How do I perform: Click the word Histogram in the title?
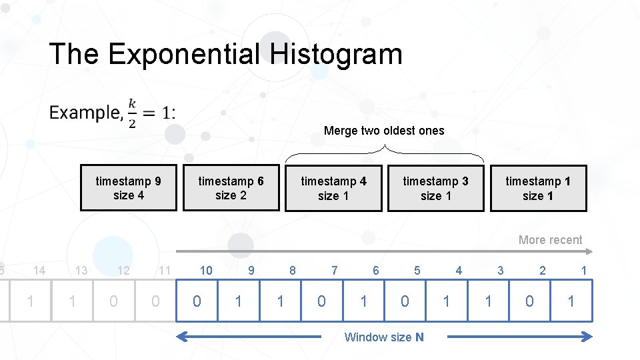point(336,54)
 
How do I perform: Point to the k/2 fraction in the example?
point(132,113)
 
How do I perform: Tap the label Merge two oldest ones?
point(383,131)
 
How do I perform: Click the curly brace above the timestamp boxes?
point(385,152)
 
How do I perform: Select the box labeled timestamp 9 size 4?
point(129,188)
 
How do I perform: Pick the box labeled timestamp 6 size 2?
point(231,188)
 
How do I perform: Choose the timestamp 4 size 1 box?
point(333,188)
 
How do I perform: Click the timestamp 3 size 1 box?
point(435,188)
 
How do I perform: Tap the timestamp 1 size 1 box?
point(538,188)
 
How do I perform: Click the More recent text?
point(550,240)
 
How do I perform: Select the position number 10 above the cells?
point(207,270)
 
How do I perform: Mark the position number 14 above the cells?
point(39,270)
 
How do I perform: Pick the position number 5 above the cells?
point(417,270)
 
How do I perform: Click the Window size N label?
point(383,337)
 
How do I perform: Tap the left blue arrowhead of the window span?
point(181,337)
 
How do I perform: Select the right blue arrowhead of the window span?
point(587,337)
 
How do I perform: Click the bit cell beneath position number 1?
point(571,301)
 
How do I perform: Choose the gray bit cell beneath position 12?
point(113,301)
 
